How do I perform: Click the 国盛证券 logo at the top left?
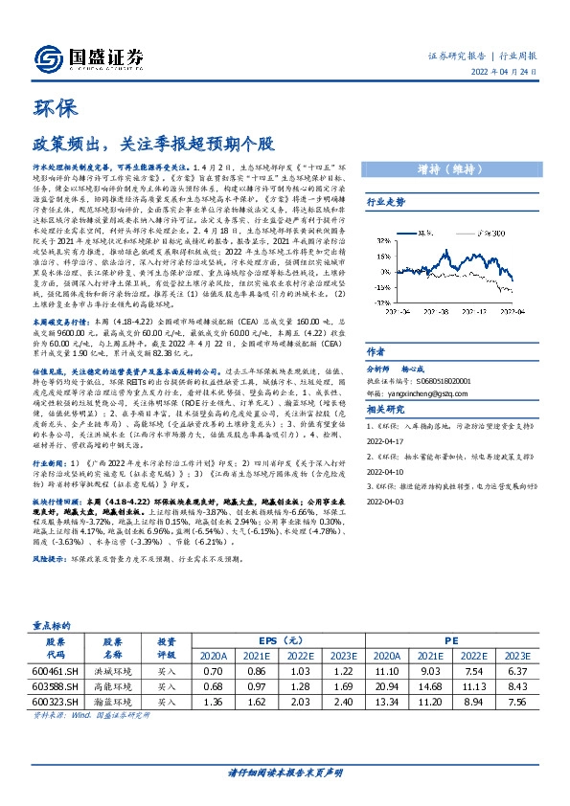click(85, 56)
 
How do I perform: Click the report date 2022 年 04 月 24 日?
click(510, 76)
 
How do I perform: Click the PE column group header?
click(450, 639)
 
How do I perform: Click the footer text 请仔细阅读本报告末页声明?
click(285, 772)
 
